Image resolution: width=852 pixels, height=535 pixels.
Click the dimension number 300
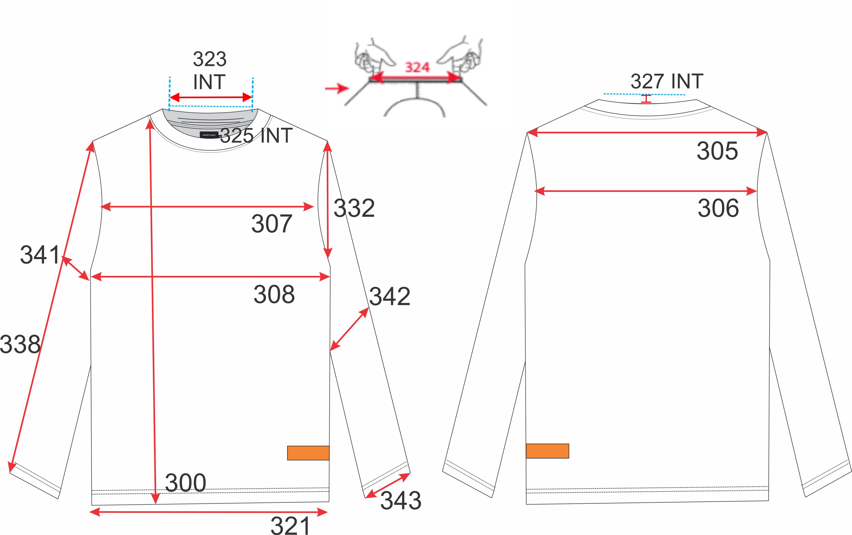point(185,483)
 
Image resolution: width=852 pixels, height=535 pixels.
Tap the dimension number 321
point(290,525)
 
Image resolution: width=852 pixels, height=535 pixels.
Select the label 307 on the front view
point(272,224)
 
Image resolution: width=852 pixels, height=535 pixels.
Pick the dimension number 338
point(20,344)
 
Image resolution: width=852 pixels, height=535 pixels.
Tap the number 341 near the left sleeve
point(40,255)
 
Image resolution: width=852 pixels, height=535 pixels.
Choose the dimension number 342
point(389,296)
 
